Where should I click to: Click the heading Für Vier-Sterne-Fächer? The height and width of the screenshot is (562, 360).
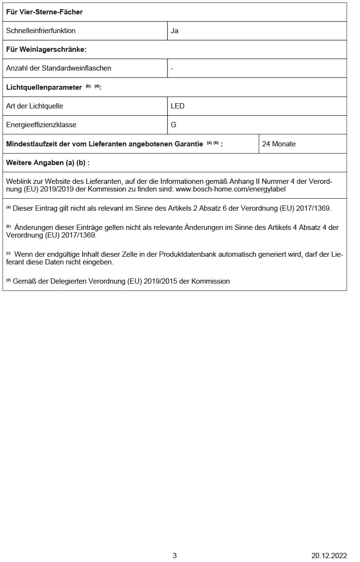[x=44, y=12]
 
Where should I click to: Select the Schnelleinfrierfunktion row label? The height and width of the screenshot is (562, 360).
[x=41, y=31]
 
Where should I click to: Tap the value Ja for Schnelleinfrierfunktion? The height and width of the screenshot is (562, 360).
[x=175, y=31]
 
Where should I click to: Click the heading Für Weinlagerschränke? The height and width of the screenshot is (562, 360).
[x=46, y=49]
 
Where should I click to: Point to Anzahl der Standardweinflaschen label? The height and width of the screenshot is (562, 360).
[x=59, y=68]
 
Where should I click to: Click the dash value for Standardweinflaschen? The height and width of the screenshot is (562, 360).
[x=172, y=68]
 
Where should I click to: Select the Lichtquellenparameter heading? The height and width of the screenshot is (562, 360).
[x=44, y=87]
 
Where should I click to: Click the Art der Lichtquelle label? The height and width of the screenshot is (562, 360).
[x=35, y=106]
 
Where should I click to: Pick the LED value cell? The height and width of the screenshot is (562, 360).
[x=178, y=106]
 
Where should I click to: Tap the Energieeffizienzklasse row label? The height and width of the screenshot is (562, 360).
[x=41, y=125]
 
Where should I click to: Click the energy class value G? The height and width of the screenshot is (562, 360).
[x=174, y=125]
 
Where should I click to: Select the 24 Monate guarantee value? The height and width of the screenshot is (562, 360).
[x=279, y=144]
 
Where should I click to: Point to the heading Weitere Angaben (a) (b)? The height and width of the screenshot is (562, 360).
[x=48, y=163]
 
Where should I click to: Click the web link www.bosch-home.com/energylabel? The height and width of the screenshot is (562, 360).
[x=231, y=189]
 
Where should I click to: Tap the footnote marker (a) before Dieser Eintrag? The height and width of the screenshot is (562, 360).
[x=8, y=208]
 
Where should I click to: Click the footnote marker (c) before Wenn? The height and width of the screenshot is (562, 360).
[x=8, y=253]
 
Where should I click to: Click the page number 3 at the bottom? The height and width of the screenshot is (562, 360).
[x=175, y=556]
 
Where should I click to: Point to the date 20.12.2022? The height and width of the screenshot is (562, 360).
[x=329, y=556]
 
